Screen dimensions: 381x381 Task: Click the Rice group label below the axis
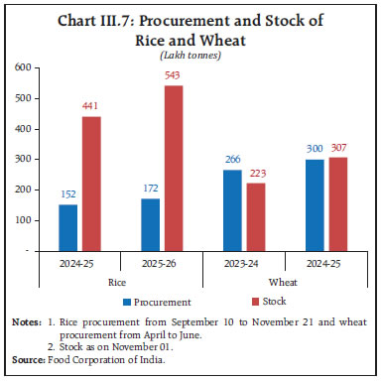tap(118, 281)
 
